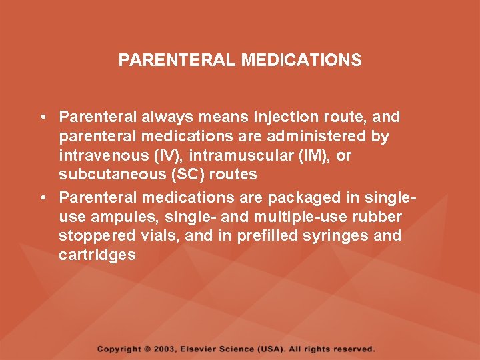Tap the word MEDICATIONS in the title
pos(301,61)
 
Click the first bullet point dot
pos(41,117)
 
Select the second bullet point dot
pos(41,197)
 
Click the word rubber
pos(377,217)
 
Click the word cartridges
pos(97,255)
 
